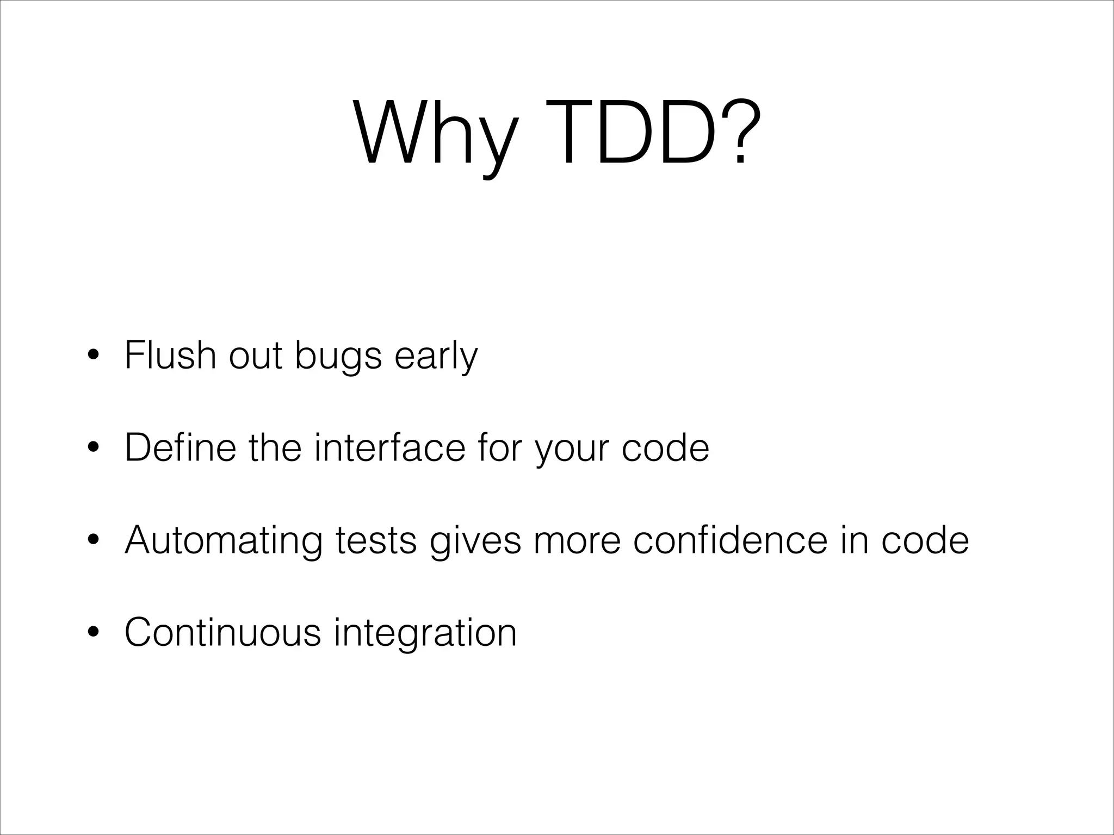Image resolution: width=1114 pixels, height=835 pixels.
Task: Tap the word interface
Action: [x=389, y=447]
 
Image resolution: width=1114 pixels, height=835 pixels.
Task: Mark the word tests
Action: [x=376, y=540]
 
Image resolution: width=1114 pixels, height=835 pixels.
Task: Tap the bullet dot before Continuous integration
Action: [x=94, y=633]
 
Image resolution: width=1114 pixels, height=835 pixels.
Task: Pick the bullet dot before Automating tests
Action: [x=94, y=541]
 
